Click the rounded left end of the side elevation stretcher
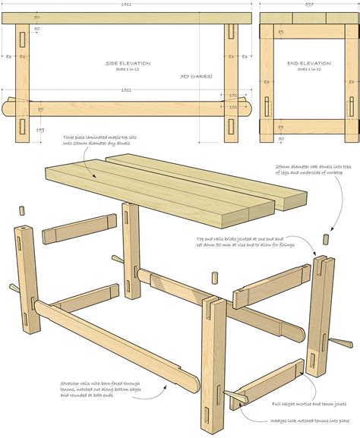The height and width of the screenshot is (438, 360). click(10, 106)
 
